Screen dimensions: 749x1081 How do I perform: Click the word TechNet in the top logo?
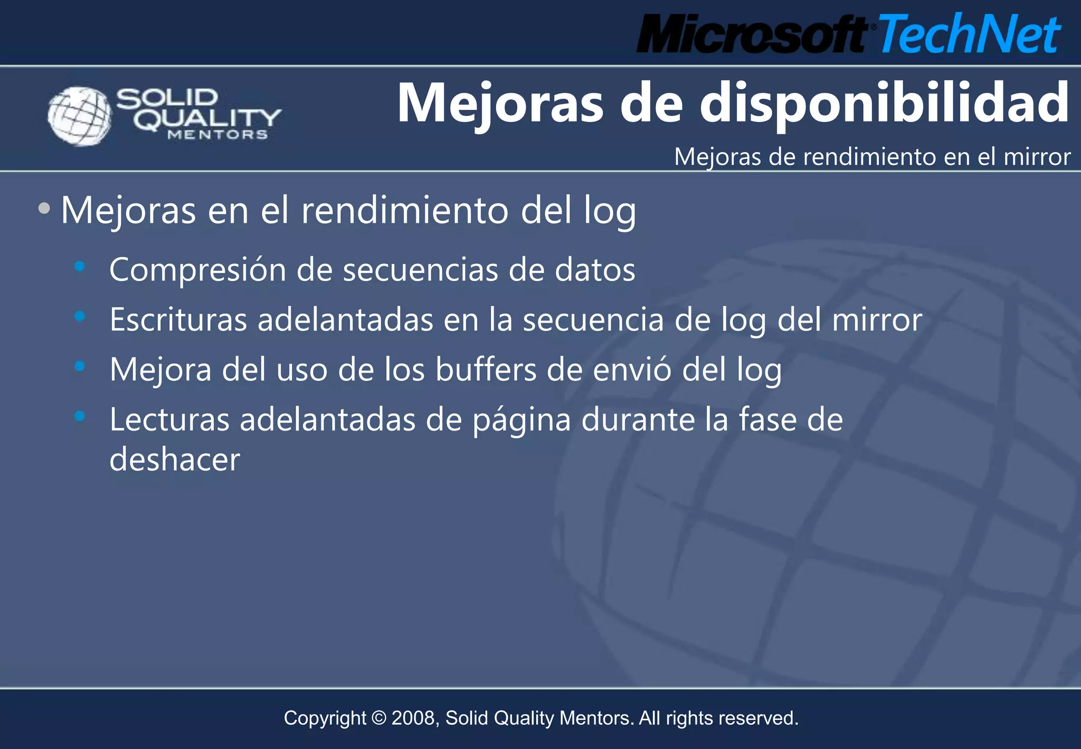(x=969, y=34)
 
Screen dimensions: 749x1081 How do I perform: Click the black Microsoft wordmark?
(x=752, y=34)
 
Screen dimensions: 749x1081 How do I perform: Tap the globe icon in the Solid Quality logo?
(x=80, y=116)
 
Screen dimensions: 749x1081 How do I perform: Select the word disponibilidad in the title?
(x=884, y=103)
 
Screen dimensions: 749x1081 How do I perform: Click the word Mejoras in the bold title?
(x=500, y=104)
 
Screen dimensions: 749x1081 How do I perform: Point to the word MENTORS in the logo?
(x=217, y=135)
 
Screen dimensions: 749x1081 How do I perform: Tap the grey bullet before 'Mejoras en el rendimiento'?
(x=44, y=208)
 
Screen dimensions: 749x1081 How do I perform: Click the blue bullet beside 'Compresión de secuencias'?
(x=80, y=267)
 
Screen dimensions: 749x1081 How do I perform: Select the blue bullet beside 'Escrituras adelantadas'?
(x=80, y=316)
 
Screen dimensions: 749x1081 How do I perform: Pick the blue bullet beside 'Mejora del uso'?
(x=80, y=366)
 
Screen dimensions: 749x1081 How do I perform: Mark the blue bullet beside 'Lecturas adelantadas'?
(x=80, y=416)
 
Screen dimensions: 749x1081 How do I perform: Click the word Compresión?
(x=197, y=270)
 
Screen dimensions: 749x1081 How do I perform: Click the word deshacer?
(x=175, y=459)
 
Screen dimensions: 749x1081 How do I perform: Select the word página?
(x=521, y=421)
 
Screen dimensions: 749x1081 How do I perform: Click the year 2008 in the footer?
(x=413, y=718)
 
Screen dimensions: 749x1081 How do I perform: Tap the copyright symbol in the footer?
(x=378, y=718)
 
